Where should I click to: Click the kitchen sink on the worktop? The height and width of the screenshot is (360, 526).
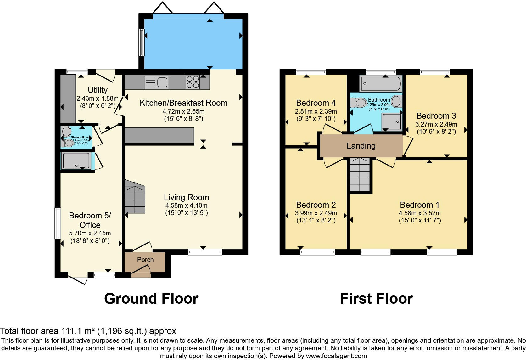click(x=157, y=83)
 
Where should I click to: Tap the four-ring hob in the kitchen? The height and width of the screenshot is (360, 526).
click(x=193, y=82)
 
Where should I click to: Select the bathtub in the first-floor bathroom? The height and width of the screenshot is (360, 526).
click(x=381, y=84)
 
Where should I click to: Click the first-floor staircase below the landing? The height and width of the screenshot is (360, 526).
click(x=360, y=175)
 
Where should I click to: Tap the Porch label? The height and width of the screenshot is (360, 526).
click(x=145, y=260)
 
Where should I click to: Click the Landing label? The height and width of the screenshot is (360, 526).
click(x=361, y=146)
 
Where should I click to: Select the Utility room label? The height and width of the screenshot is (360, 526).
click(x=98, y=90)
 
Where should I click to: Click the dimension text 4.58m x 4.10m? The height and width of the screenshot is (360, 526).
click(x=186, y=205)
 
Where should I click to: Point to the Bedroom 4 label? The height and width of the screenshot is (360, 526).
click(x=316, y=103)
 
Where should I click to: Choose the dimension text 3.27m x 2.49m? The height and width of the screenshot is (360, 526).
click(x=436, y=124)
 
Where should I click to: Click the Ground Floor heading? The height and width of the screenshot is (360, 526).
click(x=151, y=298)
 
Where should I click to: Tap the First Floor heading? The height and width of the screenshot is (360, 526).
click(x=376, y=298)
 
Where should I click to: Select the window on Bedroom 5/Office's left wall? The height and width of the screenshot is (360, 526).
click(x=58, y=223)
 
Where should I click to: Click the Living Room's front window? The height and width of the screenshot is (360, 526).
click(x=205, y=252)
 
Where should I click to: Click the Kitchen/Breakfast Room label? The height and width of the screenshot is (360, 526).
click(x=183, y=103)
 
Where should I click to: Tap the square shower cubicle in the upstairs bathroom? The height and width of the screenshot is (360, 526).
click(x=392, y=122)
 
